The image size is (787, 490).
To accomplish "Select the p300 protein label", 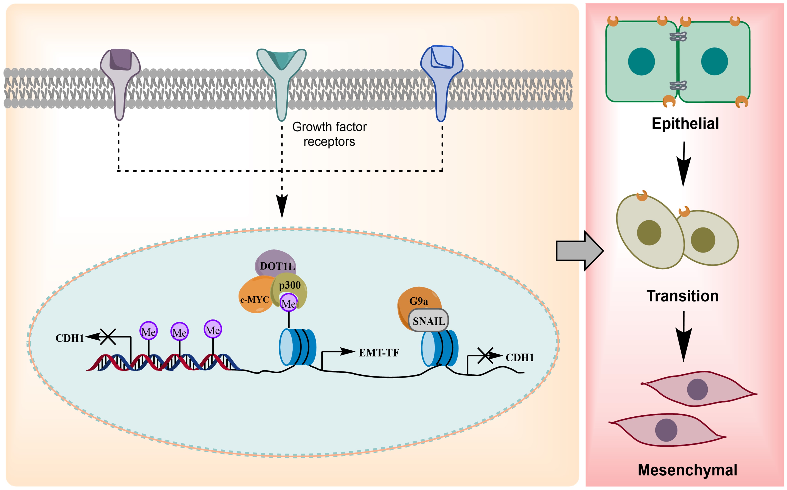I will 290,285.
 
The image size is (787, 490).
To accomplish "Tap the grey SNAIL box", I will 429,321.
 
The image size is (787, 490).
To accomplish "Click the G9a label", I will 418,301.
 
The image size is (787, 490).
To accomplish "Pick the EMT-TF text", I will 379,353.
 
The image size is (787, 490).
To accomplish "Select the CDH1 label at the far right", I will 519,358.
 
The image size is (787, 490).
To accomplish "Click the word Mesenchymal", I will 687,470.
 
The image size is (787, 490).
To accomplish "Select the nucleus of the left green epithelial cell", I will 641,62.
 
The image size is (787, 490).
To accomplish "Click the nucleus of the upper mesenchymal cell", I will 697,389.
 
